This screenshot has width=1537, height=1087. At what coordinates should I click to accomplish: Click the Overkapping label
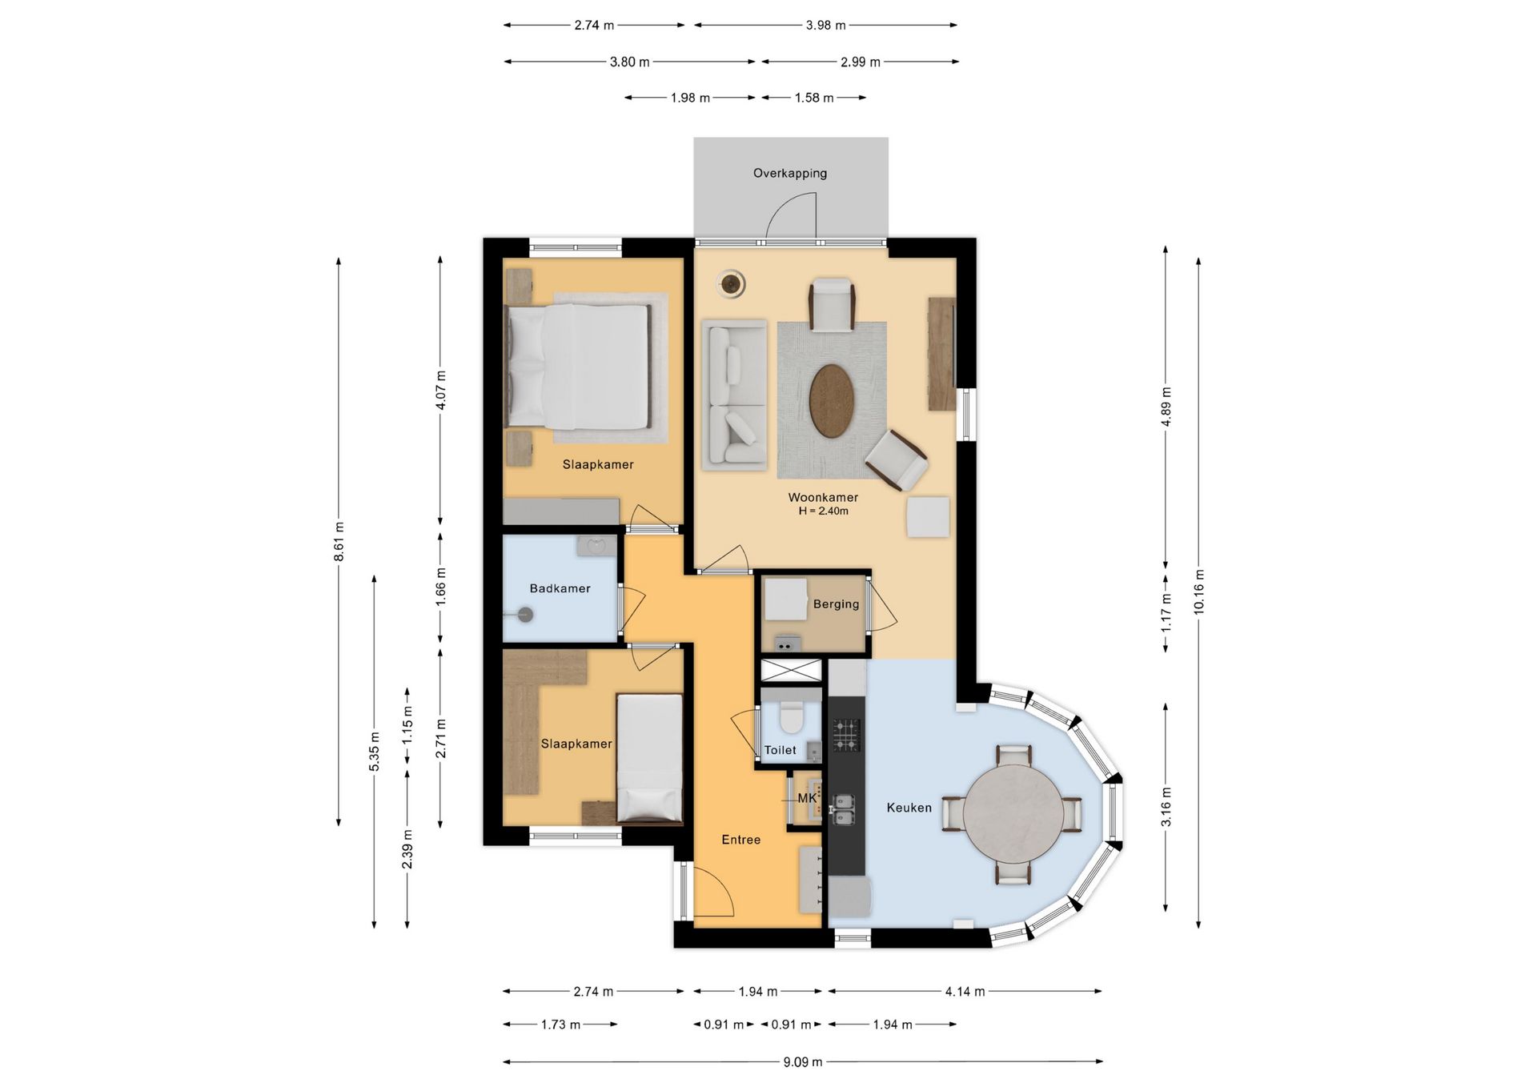(789, 173)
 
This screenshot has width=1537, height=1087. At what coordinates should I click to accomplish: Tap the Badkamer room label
(560, 588)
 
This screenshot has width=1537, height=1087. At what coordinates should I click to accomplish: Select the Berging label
(836, 604)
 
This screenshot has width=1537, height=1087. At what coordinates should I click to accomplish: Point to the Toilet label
(780, 750)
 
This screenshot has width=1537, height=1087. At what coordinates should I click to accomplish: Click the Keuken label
(909, 808)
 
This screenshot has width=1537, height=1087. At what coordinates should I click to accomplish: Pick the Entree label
(740, 840)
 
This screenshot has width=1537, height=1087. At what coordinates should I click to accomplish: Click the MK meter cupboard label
(807, 798)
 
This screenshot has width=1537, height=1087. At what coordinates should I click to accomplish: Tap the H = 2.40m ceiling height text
(823, 511)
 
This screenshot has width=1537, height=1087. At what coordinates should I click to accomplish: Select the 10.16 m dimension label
(1198, 592)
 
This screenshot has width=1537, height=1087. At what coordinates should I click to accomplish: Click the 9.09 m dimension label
(802, 1062)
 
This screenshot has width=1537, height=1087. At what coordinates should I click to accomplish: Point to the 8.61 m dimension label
(339, 541)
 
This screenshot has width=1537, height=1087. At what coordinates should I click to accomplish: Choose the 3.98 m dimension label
(825, 26)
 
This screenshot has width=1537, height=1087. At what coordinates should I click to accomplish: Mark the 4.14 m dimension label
(965, 992)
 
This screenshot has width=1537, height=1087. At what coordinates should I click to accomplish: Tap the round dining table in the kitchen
(1013, 813)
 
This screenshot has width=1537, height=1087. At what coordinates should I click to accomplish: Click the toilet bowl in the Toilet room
(791, 717)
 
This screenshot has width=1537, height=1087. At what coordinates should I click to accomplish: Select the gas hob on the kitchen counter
(846, 735)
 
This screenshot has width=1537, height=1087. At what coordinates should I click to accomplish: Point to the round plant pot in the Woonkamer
(731, 283)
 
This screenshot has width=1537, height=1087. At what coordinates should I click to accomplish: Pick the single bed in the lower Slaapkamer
(649, 758)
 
